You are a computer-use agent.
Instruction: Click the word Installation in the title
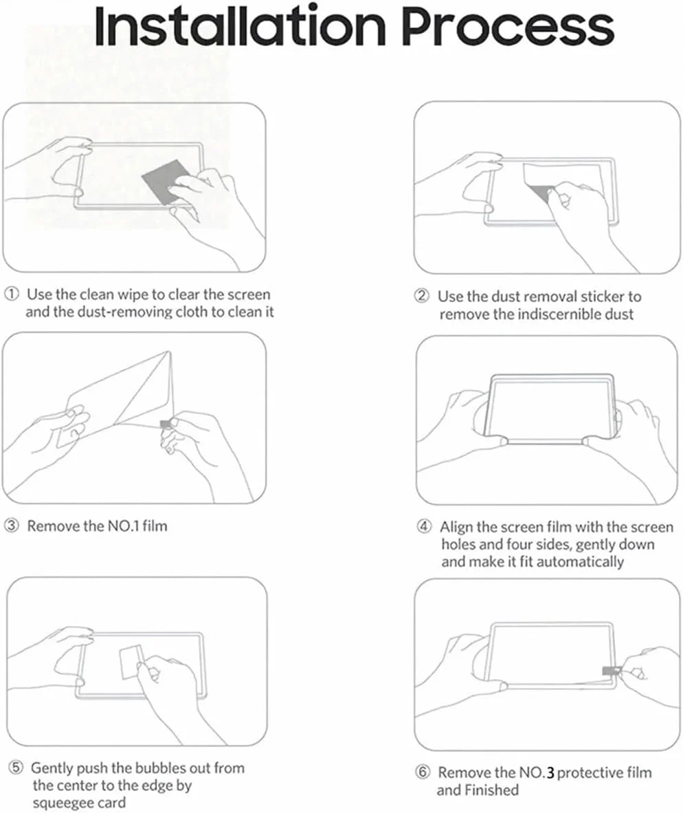tap(240, 25)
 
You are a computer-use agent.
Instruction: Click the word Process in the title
tap(508, 27)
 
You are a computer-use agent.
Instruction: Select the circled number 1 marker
tap(12, 295)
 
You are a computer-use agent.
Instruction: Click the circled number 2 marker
tap(422, 296)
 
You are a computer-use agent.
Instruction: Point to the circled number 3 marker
tap(12, 526)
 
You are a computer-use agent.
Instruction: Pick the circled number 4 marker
tap(425, 527)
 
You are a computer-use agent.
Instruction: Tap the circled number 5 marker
tap(16, 768)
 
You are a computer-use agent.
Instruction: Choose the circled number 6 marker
tap(423, 772)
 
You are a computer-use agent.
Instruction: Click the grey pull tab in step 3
tap(166, 424)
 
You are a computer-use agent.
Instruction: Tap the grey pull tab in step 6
tap(612, 671)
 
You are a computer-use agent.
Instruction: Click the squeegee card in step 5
tap(131, 662)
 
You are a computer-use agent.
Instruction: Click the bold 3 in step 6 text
tap(550, 774)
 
